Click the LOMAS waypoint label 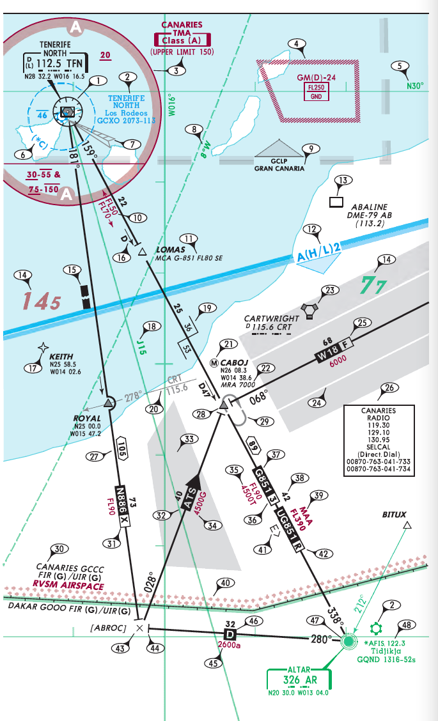[x=171, y=249]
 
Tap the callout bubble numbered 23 [x=329, y=291]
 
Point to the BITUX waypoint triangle [x=407, y=526]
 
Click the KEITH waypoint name [x=61, y=357]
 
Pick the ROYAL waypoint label [x=87, y=419]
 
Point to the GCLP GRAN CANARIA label [x=279, y=165]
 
